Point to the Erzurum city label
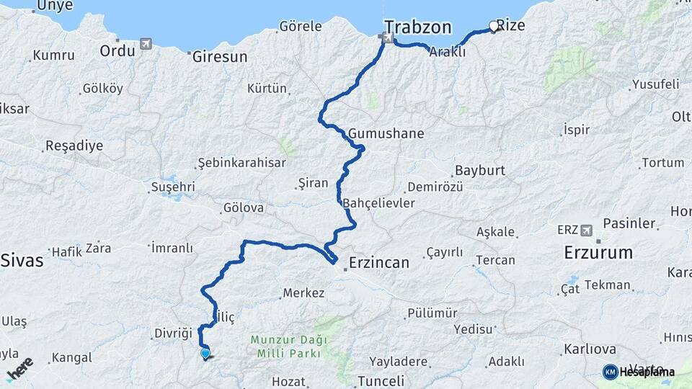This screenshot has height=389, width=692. pos(598,253)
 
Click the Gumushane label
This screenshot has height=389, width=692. pos(386,134)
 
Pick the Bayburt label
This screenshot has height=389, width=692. pos(479,171)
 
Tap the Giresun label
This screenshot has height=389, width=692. pos(220,57)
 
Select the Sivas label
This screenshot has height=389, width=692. pos(22,260)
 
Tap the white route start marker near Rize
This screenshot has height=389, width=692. pos(494,27)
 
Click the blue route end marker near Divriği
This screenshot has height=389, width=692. pos(205,353)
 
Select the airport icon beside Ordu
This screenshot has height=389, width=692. pos(146,45)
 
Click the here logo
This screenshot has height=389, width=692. pos(19,368)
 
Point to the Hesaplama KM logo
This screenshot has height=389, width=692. pos(639,372)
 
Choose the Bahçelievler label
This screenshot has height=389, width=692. pos(379,203)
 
